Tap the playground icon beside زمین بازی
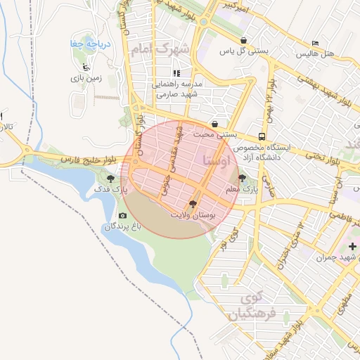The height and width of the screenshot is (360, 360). [x=86, y=67]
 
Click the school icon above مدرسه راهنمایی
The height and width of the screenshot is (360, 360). [x=176, y=72]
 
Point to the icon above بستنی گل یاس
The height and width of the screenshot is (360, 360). [x=243, y=40]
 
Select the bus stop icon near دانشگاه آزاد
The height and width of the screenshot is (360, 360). [x=262, y=136]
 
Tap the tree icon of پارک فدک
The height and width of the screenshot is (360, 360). [x=110, y=179]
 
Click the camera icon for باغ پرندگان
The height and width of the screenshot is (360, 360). [x=123, y=215]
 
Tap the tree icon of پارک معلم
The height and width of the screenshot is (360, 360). [x=243, y=179]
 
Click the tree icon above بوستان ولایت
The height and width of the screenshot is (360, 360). [x=193, y=203]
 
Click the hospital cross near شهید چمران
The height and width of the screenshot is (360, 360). [x=352, y=246]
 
